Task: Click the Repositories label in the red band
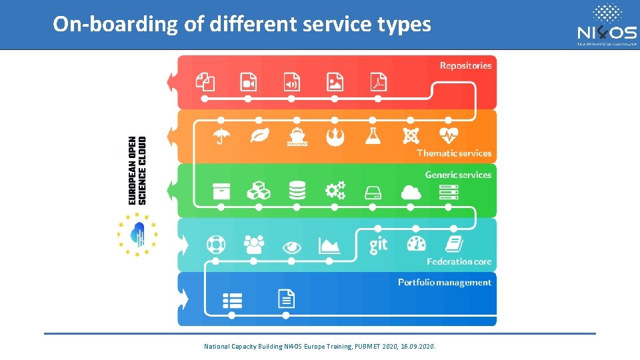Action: tap(465, 65)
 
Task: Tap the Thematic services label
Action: tap(454, 153)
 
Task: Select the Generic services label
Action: tap(458, 175)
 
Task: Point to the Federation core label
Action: tap(459, 261)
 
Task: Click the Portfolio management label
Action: tap(445, 283)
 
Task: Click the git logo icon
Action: tap(378, 245)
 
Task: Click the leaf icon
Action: tap(259, 136)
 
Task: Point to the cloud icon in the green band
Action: tap(411, 192)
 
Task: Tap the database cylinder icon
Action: tap(297, 191)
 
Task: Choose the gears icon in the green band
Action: tap(335, 191)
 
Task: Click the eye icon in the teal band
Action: tap(291, 247)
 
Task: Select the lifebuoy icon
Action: tap(215, 245)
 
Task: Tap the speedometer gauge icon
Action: tap(416, 244)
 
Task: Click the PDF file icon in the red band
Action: tap(379, 82)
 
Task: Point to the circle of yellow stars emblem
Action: tap(137, 234)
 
